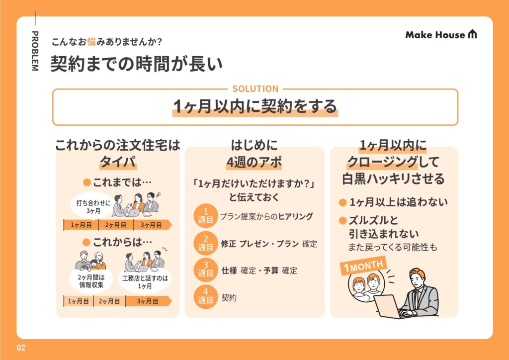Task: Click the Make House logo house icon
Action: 472,34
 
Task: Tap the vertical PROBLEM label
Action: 35,51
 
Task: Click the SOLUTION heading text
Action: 255,89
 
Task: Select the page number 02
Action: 21,348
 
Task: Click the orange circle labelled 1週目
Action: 205,216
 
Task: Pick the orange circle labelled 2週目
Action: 205,244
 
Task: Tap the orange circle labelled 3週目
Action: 205,270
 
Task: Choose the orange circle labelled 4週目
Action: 205,297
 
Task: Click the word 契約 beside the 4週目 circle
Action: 229,298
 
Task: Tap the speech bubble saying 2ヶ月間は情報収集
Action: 91,281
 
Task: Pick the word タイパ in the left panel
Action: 118,162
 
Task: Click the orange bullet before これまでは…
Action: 86,182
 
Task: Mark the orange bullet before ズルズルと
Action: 342,221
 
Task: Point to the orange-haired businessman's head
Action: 417,278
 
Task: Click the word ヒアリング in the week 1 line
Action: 295,216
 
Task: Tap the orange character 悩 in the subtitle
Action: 91,42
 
